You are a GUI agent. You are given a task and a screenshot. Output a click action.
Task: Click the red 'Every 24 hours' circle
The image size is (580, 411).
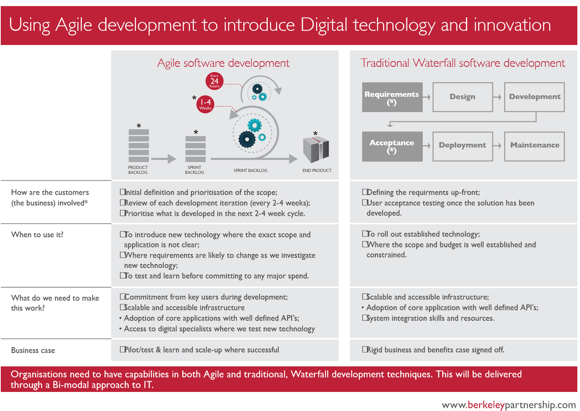(214, 81)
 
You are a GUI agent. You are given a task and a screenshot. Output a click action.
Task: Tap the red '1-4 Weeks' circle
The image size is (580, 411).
(205, 104)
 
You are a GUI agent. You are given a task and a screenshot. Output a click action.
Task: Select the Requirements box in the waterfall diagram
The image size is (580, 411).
(392, 97)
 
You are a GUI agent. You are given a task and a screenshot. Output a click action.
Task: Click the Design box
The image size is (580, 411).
(463, 97)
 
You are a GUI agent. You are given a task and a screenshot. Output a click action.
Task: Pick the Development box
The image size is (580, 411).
(534, 97)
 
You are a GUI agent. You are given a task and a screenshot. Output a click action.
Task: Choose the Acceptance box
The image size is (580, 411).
(392, 146)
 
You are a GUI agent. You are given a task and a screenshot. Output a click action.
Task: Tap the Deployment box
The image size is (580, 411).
(463, 146)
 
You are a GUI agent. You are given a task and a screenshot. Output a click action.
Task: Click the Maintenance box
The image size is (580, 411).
(534, 146)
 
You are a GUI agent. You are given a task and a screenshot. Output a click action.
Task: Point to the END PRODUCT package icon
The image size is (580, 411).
(316, 149)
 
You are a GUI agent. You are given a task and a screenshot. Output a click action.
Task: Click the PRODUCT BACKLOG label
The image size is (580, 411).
(138, 170)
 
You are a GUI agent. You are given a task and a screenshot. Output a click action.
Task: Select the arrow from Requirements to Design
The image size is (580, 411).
(427, 97)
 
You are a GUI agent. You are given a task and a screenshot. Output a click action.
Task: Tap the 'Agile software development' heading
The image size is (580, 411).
(223, 63)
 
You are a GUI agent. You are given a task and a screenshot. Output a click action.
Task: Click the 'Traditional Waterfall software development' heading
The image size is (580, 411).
(463, 63)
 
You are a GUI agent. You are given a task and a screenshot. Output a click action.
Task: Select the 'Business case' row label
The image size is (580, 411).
(33, 350)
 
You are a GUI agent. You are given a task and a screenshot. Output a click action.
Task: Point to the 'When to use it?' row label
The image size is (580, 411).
(37, 234)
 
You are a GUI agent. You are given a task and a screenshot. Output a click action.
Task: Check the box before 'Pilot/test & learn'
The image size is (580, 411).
(123, 349)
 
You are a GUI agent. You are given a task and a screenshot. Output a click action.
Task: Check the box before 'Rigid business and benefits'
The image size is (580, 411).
(365, 349)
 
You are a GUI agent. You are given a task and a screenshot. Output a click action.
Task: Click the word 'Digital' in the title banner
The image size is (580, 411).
(324, 25)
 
